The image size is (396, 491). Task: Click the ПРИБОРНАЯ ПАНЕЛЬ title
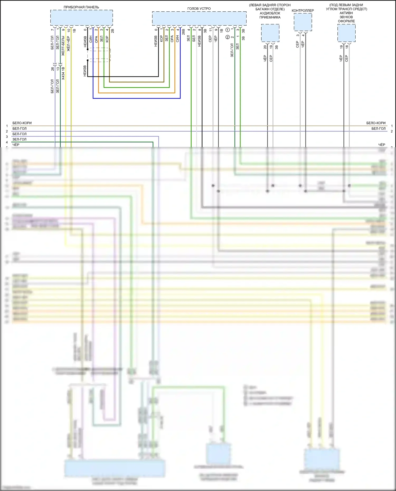pos(81,7)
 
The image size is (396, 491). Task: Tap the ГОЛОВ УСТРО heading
pos(199,9)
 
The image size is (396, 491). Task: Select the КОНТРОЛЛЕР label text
pos(303,11)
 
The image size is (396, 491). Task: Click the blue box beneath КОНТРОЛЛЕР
pos(303,22)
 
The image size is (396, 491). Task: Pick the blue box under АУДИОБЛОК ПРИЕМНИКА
pos(270,33)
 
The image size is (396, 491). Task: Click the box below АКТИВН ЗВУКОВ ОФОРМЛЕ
pos(346,33)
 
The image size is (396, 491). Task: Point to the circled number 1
pos(228,30)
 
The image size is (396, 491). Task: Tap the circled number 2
pos(228,37)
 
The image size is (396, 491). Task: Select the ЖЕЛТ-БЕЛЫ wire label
pos(63,46)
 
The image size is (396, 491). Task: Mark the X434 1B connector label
pos(63,74)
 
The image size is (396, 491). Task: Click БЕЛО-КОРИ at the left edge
pos(22,123)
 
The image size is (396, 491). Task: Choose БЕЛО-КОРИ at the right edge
pos(376,123)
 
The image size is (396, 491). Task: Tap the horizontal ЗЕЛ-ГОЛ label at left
pos(19,139)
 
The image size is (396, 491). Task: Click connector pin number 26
pos(52,69)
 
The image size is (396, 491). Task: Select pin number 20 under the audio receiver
pos(265,47)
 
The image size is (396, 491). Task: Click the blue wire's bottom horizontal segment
pos(136,98)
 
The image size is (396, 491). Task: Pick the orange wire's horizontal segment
pos(136,93)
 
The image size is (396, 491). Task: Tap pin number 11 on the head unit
pos(210,30)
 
